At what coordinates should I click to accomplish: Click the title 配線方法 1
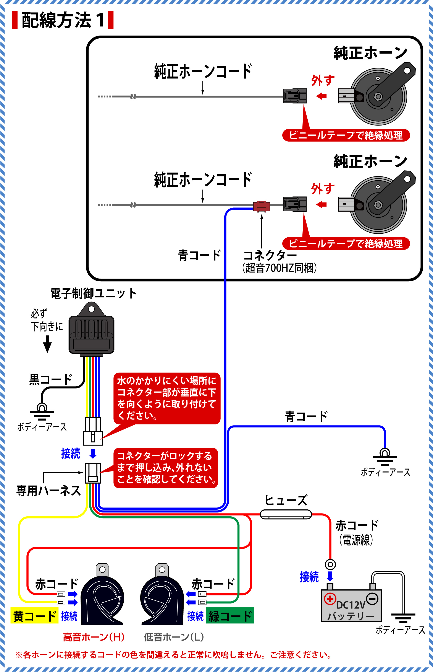coord(62,20)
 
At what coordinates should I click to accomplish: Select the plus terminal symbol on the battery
coord(330,599)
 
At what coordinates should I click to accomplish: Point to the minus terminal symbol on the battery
coord(373,599)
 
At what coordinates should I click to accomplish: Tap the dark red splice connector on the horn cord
coord(262,206)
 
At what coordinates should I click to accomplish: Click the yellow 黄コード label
coord(34,616)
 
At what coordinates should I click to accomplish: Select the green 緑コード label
coord(230,616)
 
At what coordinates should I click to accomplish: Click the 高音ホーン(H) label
coord(94,637)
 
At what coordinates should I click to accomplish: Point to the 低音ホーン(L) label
coord(174,637)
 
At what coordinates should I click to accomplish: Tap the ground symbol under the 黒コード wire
coord(42,412)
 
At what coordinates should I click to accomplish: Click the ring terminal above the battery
coord(330,564)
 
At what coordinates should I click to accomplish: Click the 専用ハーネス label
coord(48,490)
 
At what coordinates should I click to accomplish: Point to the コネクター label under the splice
coord(270,256)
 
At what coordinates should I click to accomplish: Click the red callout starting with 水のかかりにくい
coord(167,398)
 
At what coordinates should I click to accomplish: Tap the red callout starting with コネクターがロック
coord(166,467)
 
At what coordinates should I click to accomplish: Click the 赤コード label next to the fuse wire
coord(357,525)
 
